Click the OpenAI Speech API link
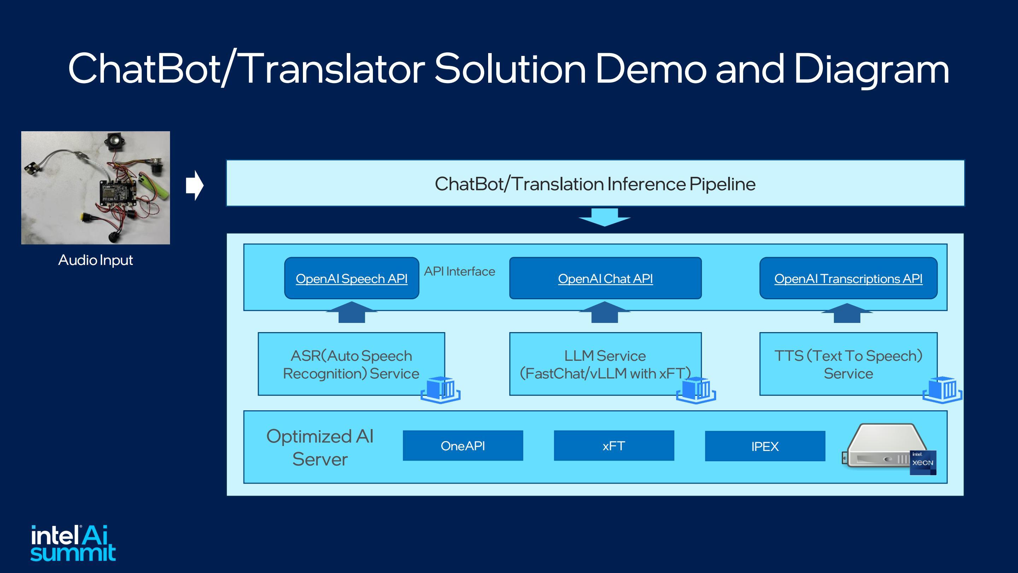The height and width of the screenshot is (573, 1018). point(351,278)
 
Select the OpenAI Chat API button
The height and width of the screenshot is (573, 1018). point(605,278)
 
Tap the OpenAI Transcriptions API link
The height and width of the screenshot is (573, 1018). point(848,278)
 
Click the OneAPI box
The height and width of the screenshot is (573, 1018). point(463,446)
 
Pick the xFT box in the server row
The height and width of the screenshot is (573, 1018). point(614,446)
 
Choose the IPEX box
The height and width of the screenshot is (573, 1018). point(765,446)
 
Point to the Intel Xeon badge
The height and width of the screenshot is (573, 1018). point(923,462)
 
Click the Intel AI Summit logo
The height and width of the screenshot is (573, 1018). point(73,543)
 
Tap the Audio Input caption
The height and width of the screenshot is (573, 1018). point(96,260)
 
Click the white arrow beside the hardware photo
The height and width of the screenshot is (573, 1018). point(194,185)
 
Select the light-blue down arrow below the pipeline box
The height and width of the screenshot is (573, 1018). point(605,217)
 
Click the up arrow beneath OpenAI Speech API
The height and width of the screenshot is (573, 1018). point(352,312)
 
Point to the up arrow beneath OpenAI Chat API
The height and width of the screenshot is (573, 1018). point(605,312)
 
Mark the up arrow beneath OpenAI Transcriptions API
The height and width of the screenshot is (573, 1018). point(847,313)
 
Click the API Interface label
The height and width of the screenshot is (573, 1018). point(460,271)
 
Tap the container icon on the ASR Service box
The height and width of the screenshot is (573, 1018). point(441,389)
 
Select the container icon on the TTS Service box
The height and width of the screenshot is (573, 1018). point(942,389)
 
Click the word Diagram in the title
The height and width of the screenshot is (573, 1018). point(871,69)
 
